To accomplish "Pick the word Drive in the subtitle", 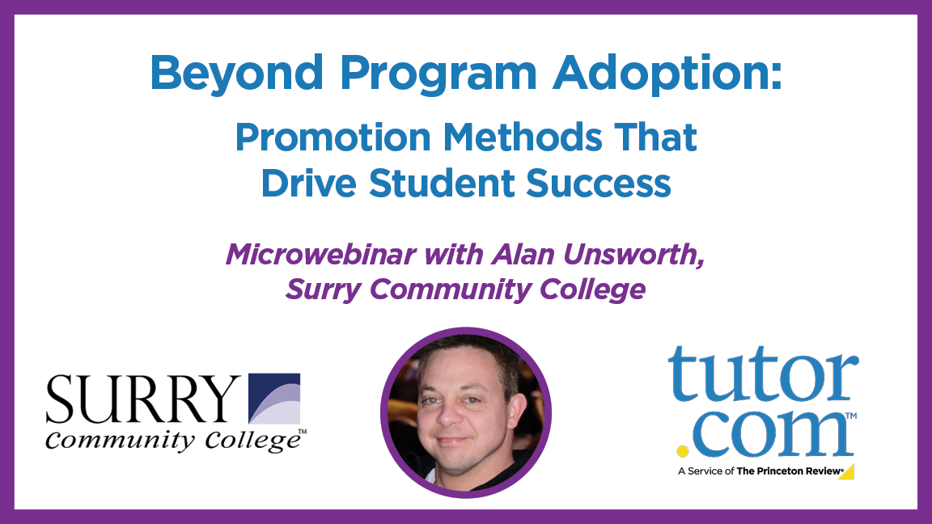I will [x=307, y=183].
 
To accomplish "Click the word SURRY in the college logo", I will [x=142, y=399].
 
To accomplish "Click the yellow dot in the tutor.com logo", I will [x=683, y=450].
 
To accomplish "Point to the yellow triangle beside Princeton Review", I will [x=846, y=471].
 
